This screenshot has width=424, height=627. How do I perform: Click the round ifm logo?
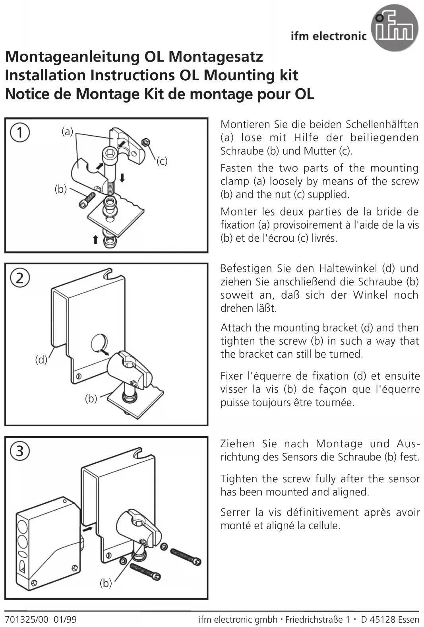394,28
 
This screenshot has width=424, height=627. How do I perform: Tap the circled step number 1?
20,132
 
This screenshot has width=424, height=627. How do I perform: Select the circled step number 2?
20,277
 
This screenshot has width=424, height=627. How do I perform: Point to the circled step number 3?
20,450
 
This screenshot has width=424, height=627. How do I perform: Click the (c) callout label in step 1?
162,161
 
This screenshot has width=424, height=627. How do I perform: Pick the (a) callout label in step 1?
68,131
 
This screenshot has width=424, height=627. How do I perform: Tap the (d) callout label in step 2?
41,360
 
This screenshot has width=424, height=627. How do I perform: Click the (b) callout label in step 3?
106,583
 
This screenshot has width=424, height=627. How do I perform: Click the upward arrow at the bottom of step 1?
95,239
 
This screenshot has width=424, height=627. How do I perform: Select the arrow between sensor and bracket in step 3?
87,529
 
